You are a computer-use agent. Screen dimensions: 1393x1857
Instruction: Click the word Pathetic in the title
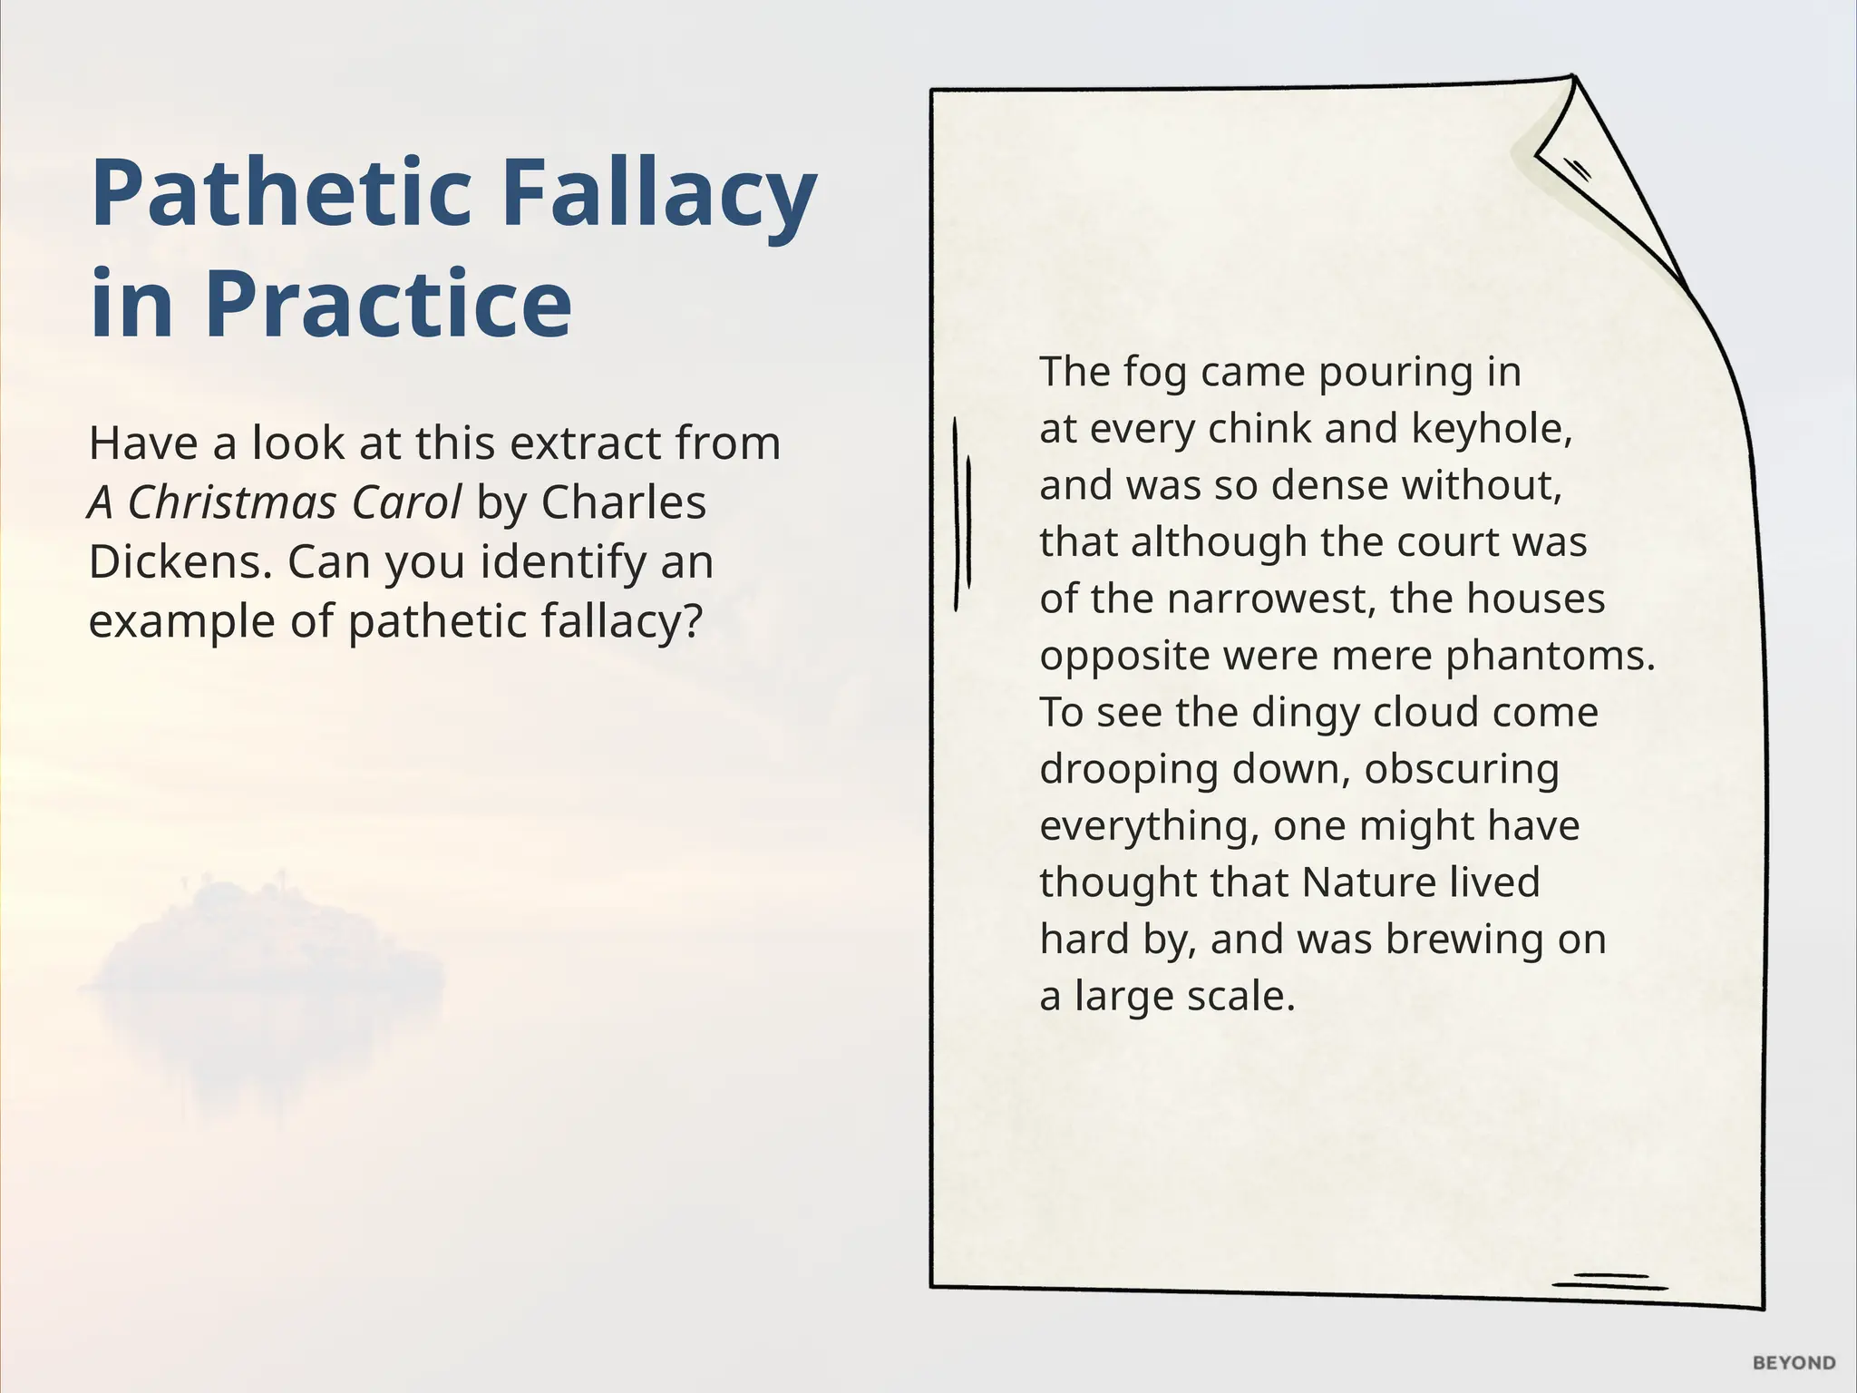[x=281, y=194]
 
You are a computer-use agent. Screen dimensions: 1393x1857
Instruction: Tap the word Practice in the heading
[x=389, y=303]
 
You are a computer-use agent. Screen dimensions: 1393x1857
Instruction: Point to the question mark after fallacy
[x=691, y=622]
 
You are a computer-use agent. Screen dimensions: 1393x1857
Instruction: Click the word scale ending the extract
[x=1240, y=997]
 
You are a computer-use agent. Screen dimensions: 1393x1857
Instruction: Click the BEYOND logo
[x=1794, y=1363]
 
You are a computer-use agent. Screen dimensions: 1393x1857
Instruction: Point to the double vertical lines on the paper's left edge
[x=962, y=515]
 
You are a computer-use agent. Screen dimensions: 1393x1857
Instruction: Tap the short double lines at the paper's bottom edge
[x=1610, y=1281]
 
